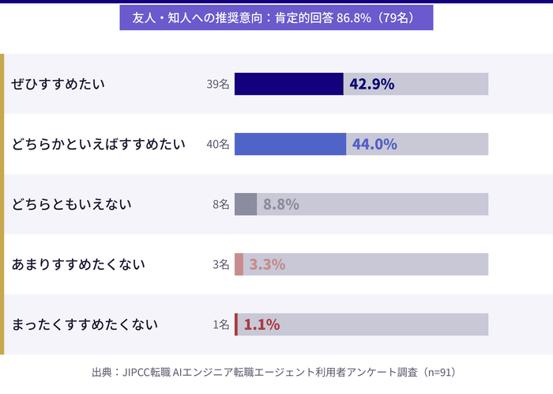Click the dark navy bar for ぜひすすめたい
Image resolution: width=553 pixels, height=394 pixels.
pyautogui.click(x=288, y=84)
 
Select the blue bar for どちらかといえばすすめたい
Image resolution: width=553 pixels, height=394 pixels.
pyautogui.click(x=290, y=144)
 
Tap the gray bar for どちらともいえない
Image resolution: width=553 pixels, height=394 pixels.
pyautogui.click(x=246, y=204)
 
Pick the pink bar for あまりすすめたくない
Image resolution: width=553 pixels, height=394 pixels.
pyautogui.click(x=239, y=264)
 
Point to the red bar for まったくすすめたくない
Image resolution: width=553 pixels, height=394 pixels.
pyautogui.click(x=236, y=324)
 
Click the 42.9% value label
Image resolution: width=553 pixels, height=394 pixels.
pyautogui.click(x=371, y=84)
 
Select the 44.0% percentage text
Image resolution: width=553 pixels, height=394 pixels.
pyautogui.click(x=374, y=144)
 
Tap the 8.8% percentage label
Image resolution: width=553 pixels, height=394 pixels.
pyautogui.click(x=280, y=204)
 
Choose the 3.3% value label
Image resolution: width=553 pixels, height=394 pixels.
pyautogui.click(x=267, y=264)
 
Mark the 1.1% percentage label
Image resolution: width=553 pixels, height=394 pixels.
pyautogui.click(x=261, y=324)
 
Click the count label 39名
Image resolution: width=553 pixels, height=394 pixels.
pyautogui.click(x=217, y=85)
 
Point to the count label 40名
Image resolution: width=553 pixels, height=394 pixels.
pyautogui.click(x=217, y=145)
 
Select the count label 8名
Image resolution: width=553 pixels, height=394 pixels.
pyautogui.click(x=220, y=205)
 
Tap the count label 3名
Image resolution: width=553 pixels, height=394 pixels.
pyautogui.click(x=220, y=265)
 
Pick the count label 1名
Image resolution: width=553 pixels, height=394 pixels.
pyautogui.click(x=220, y=325)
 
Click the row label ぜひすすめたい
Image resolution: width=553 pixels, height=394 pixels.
pyautogui.click(x=58, y=85)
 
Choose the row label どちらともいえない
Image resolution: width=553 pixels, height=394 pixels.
pyautogui.click(x=71, y=205)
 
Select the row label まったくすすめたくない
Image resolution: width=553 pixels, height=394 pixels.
pyautogui.click(x=85, y=325)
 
